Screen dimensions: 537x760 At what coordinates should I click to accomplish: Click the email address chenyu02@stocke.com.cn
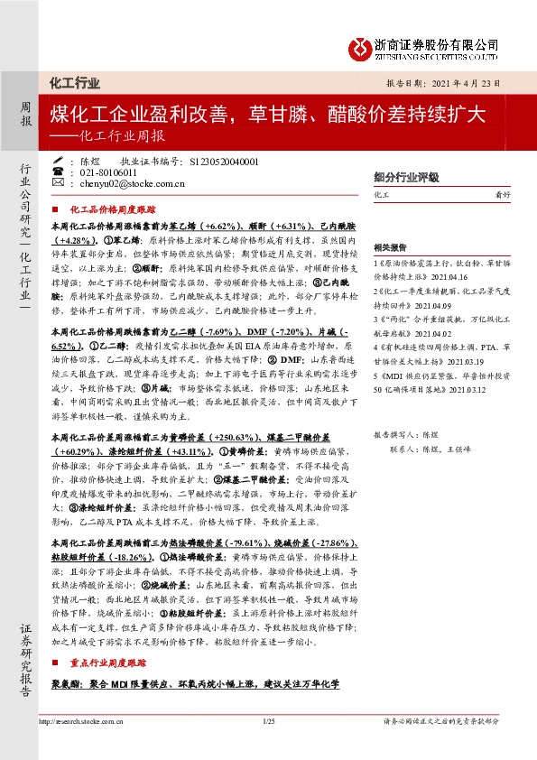pos(117,183)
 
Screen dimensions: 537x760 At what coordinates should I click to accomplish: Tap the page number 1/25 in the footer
pos(268,719)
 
